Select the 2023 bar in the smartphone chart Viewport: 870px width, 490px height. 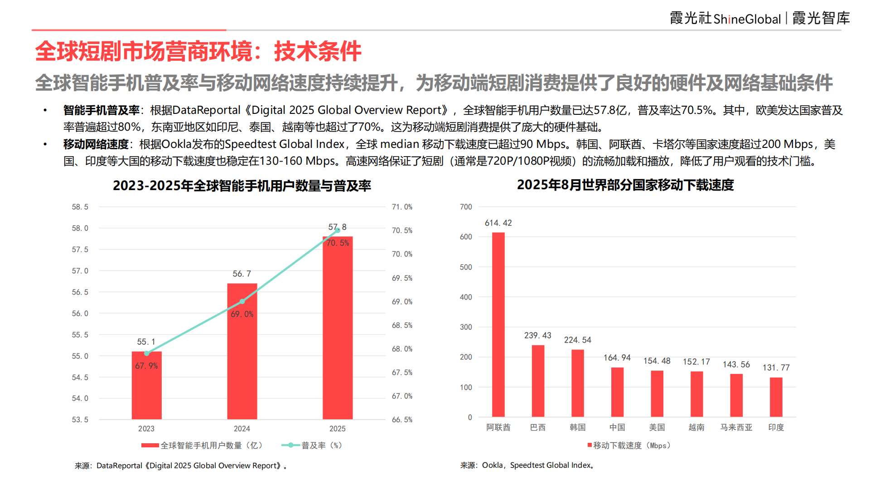coord(146,390)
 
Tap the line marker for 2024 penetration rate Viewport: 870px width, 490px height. coord(242,301)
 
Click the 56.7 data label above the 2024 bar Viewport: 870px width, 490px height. coord(242,274)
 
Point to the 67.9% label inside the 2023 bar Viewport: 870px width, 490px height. coord(146,366)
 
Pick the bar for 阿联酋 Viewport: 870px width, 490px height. coord(498,324)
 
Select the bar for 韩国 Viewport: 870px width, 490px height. coord(578,383)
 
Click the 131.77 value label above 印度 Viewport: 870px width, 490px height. coord(776,367)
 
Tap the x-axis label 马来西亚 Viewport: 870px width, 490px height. coord(736,427)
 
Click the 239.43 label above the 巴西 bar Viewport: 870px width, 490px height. coord(537,335)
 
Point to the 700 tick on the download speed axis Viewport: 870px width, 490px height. coord(466,207)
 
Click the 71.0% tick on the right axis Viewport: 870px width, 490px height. coord(402,207)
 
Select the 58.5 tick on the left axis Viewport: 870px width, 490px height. coord(80,207)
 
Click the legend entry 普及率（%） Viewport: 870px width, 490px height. coord(313,446)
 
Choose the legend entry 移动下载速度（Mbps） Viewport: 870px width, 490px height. coord(630,446)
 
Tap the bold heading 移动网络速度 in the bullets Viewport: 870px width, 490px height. coord(96,144)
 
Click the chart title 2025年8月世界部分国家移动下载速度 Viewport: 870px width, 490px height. coord(625,185)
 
